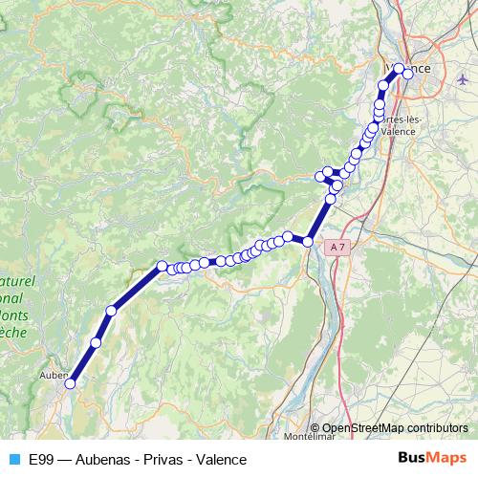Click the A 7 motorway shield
pyautogui.click(x=335, y=247)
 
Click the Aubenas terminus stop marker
pyautogui.click(x=69, y=384)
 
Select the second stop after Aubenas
pyautogui.click(x=112, y=310)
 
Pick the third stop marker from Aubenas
pyautogui.click(x=163, y=266)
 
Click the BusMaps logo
pyautogui.click(x=432, y=458)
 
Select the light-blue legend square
pyautogui.click(x=13, y=459)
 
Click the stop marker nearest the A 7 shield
pyautogui.click(x=308, y=243)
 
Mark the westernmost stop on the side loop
pyautogui.click(x=320, y=176)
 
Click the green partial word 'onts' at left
pyautogui.click(x=14, y=315)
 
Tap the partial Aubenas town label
pyautogui.click(x=51, y=376)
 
